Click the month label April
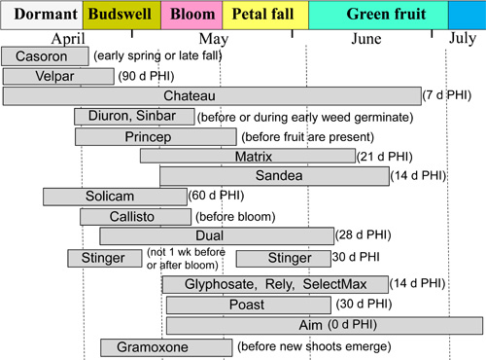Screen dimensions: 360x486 (x=68, y=39)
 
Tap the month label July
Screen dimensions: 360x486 (x=464, y=39)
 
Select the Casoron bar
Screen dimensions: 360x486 (x=45, y=55)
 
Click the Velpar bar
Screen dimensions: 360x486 (x=45, y=76)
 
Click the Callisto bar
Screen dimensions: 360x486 (x=134, y=216)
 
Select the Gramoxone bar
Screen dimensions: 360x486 (x=166, y=347)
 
